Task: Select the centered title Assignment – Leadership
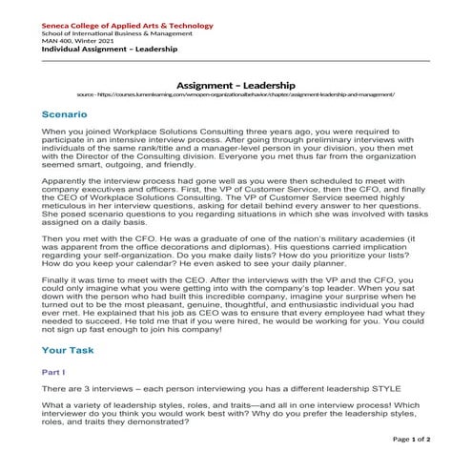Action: click(x=236, y=85)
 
